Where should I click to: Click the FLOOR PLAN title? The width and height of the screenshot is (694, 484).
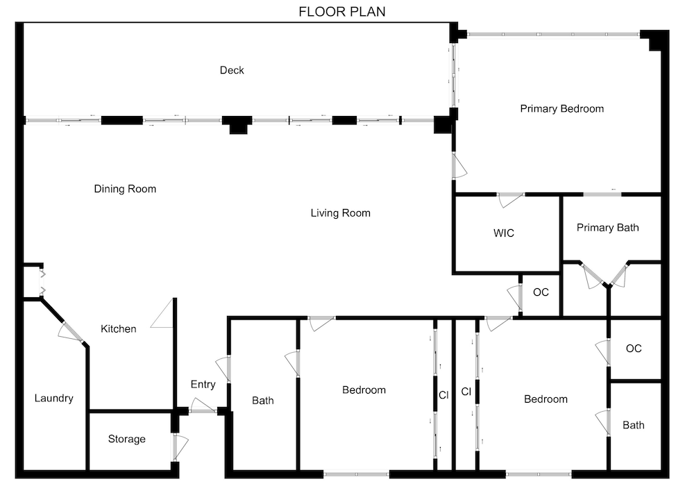pos(341,12)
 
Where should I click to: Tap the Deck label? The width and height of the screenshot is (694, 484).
pos(232,70)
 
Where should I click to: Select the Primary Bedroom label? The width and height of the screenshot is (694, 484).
pos(561,109)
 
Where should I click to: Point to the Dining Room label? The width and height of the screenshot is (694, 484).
pos(125,189)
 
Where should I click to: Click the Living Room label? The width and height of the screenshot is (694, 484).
pos(340,213)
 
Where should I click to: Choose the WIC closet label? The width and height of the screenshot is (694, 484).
pos(504,233)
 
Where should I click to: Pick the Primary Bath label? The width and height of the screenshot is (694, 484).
pos(608,228)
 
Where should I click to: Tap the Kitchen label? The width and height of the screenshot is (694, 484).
pos(118,328)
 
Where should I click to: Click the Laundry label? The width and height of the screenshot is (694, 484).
pos(53,398)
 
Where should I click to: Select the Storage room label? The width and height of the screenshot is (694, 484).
pos(126,439)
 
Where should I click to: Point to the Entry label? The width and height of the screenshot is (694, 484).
pos(203,385)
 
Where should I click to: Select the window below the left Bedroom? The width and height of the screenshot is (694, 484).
pos(356,474)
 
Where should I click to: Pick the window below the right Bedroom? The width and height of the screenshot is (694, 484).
pos(539,474)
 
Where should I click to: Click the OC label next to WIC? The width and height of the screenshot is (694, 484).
pos(541,292)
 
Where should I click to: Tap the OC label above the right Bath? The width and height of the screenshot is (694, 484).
pos(634,349)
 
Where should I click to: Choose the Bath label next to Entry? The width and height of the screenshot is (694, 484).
pos(263,401)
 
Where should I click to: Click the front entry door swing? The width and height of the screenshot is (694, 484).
pos(203,406)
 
